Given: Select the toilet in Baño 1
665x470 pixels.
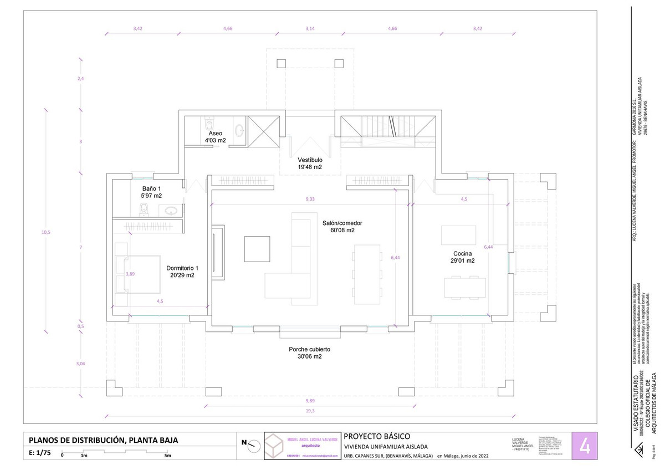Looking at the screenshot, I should (x=144, y=209).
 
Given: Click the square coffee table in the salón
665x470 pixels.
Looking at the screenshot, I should (x=258, y=248).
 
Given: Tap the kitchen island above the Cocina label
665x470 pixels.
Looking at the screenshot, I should (x=458, y=235).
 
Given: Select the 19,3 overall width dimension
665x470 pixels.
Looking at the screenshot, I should (x=310, y=411).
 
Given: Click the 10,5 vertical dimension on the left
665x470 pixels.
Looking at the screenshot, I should (x=46, y=232).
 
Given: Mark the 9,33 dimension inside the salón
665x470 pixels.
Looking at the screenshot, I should (x=310, y=199).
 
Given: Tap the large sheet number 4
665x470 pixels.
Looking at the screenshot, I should (x=584, y=446).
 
